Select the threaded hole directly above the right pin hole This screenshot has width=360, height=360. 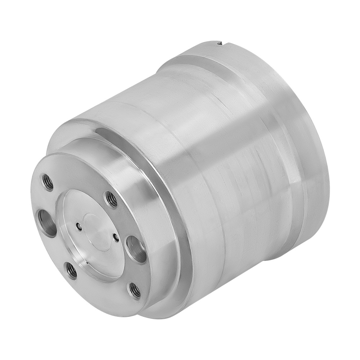coord(111,199)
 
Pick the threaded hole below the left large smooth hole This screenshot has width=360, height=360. coord(71,270)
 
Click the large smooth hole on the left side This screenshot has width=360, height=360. coord(47,223)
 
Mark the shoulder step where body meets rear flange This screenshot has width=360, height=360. coord(252,108)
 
